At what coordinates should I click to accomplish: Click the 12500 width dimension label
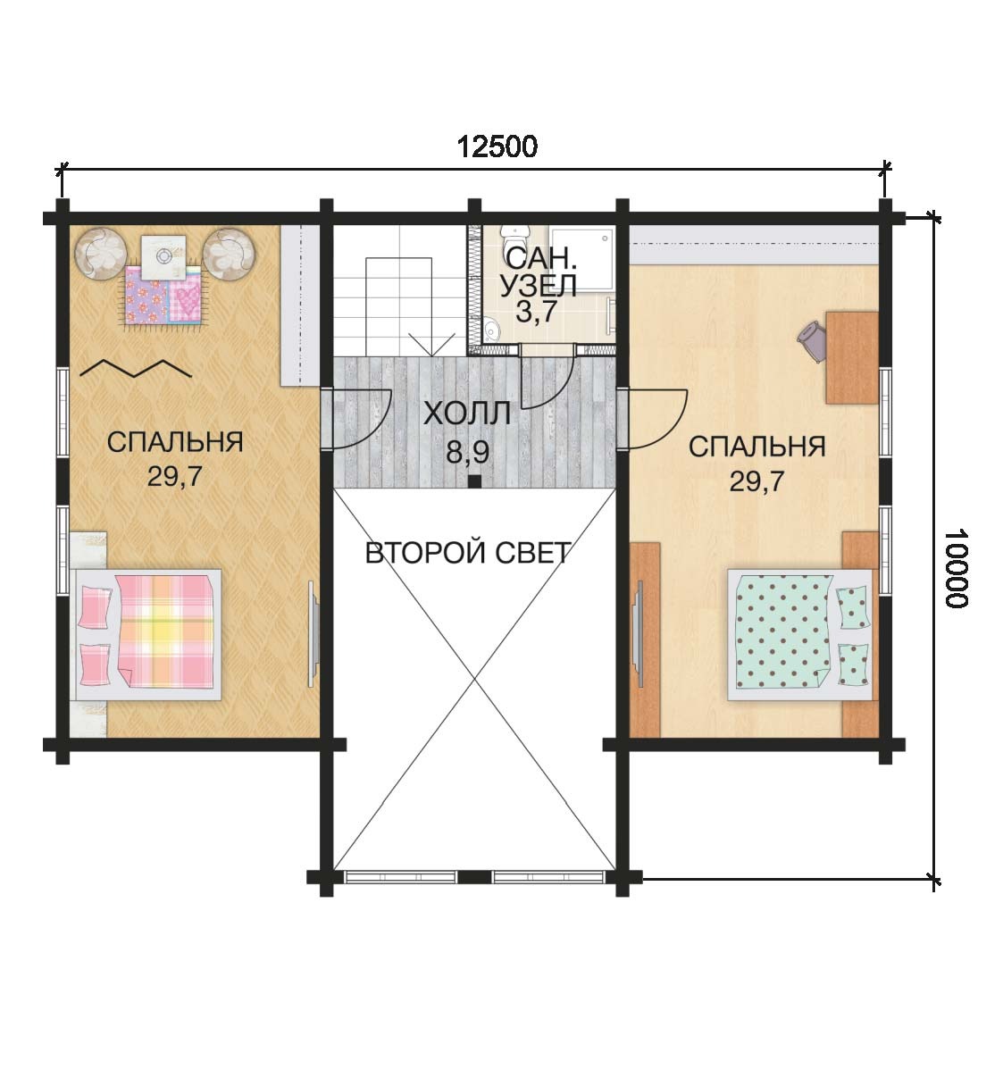(x=497, y=146)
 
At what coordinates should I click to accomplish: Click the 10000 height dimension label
(x=957, y=568)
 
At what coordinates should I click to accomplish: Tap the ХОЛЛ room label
(x=467, y=414)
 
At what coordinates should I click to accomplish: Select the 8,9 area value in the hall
(x=467, y=451)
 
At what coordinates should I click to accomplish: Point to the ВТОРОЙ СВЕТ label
(x=468, y=553)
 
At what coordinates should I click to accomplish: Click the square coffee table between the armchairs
(x=163, y=256)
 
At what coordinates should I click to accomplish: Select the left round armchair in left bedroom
(x=101, y=253)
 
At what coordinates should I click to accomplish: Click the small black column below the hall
(x=474, y=481)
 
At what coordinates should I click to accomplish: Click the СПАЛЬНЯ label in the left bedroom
(x=175, y=442)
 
